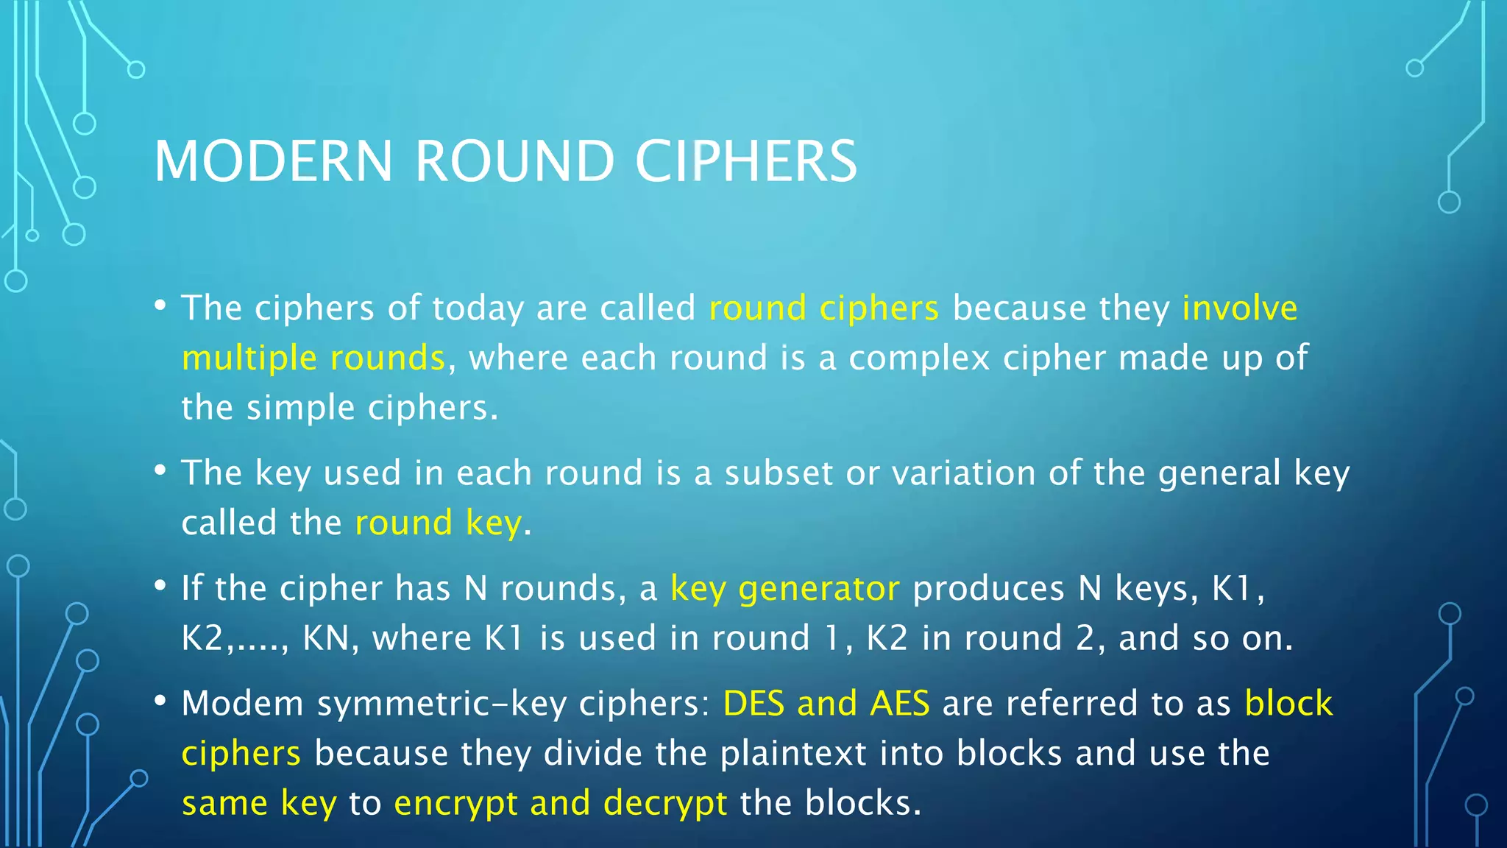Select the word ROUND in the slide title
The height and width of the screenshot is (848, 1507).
(514, 161)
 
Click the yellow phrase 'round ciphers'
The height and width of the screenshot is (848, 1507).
(823, 308)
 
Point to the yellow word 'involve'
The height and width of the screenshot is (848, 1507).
(1239, 308)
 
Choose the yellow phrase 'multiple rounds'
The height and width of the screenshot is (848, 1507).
(313, 358)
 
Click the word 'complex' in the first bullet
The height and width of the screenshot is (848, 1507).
(919, 358)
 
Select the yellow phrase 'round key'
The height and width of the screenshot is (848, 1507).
(439, 523)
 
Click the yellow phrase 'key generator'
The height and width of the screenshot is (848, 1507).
(784, 589)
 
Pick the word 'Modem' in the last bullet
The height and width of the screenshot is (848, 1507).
(242, 703)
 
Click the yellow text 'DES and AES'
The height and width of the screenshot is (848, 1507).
(826, 703)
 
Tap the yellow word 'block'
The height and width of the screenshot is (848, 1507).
(1288, 703)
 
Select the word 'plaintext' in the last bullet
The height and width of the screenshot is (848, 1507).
(793, 753)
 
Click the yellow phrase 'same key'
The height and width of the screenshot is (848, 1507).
(259, 803)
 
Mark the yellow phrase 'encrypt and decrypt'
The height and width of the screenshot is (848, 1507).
(560, 803)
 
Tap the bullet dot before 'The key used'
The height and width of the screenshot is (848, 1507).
(160, 470)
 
